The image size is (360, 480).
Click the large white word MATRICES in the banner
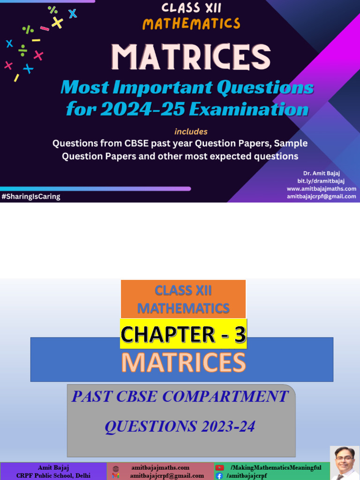click(x=191, y=58)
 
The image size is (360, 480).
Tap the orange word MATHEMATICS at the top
click(x=191, y=23)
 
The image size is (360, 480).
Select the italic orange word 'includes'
click(x=191, y=132)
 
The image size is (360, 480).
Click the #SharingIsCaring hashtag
click(x=31, y=196)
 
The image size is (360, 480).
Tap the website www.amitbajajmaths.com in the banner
click(x=321, y=189)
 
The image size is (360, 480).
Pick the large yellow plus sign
click(x=57, y=22)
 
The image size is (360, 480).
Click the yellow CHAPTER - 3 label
click(x=183, y=334)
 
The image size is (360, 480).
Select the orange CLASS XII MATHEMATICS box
click(x=183, y=300)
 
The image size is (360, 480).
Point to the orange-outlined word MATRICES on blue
click(x=183, y=363)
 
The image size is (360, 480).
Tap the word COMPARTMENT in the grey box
click(x=225, y=397)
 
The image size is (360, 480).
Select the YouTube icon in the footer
click(x=219, y=468)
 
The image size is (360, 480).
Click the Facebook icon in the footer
click(x=219, y=476)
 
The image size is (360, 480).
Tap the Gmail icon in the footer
click(x=116, y=476)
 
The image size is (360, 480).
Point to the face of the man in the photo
click(x=345, y=461)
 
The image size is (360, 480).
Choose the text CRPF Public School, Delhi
click(x=53, y=476)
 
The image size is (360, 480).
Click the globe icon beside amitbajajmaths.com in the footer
click(x=116, y=468)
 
